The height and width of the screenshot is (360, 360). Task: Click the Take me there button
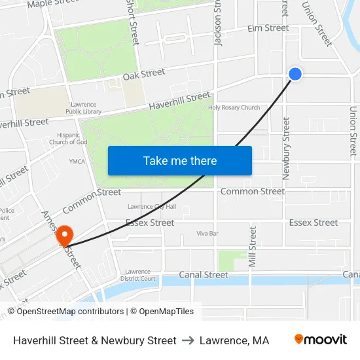(180, 160)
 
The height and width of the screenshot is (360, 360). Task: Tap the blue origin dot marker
(295, 74)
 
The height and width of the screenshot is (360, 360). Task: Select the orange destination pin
(65, 234)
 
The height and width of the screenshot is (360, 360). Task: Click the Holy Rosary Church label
(234, 108)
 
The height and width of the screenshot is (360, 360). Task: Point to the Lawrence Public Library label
(83, 108)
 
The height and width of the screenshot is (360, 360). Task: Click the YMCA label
(77, 161)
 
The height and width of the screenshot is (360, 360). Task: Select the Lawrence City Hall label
(152, 207)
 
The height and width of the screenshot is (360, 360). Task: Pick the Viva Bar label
(207, 233)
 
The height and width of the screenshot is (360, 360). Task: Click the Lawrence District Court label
(138, 275)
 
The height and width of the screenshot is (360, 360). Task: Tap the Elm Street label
(267, 28)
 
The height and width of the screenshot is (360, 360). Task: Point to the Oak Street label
(143, 75)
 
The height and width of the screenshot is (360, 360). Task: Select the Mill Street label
(253, 247)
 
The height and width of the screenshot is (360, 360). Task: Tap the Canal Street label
(204, 275)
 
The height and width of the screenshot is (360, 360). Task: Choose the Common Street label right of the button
(253, 192)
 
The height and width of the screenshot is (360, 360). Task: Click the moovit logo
(321, 340)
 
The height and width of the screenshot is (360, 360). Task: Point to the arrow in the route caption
(188, 340)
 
